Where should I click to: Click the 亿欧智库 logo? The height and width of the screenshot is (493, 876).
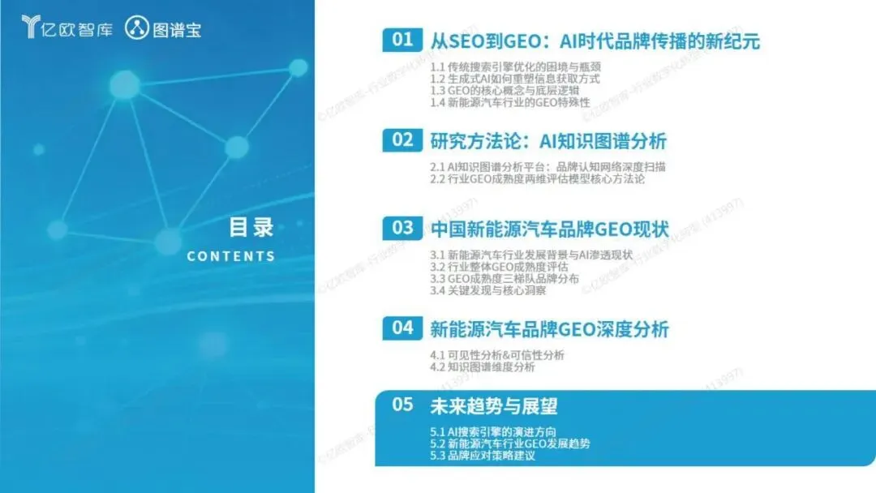(67, 28)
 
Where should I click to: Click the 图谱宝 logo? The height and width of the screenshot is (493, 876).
(162, 28)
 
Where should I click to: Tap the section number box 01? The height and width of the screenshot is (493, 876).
(402, 40)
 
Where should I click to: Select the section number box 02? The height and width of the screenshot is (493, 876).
(402, 139)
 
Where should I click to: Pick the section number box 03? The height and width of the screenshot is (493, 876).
(402, 228)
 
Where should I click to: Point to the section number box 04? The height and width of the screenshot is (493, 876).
(402, 328)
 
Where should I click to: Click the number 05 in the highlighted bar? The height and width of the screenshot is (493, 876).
(402, 405)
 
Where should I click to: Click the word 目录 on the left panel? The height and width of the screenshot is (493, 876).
(251, 227)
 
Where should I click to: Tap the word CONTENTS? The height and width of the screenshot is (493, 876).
(230, 256)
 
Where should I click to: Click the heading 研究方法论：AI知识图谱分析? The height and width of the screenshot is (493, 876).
(548, 141)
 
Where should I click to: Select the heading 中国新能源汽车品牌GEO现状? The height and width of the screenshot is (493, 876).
(549, 229)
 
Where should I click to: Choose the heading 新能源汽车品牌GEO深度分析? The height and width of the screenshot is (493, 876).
(549, 329)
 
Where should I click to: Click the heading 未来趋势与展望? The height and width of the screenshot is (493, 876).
(494, 406)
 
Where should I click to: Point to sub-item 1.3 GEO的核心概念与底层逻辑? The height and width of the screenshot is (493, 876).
(505, 91)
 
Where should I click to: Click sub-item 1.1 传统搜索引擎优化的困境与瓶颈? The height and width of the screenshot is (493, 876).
(515, 67)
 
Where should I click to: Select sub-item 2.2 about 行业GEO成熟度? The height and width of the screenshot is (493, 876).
(537, 178)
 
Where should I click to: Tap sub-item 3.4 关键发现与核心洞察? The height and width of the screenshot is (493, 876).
(487, 290)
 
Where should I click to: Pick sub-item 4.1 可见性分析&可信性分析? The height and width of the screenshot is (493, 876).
(496, 355)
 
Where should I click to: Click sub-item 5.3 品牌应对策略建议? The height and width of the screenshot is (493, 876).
(482, 456)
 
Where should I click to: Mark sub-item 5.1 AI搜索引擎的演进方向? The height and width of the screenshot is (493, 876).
(493, 431)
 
